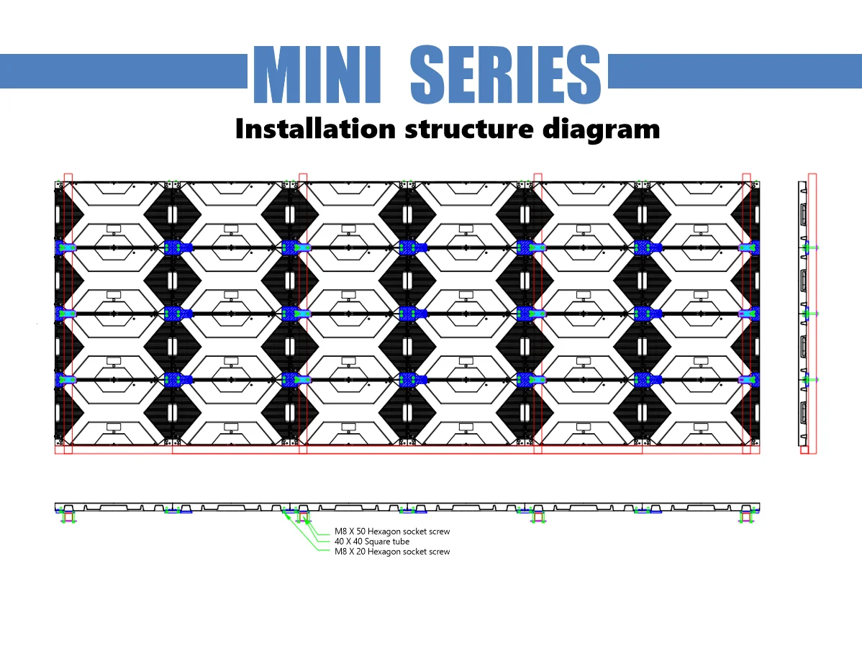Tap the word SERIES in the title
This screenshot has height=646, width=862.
pyautogui.click(x=506, y=74)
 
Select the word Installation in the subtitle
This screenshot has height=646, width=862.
pyautogui.click(x=315, y=129)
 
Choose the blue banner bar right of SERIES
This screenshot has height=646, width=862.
pyautogui.click(x=734, y=71)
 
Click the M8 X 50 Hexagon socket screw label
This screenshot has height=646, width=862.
pyautogui.click(x=392, y=532)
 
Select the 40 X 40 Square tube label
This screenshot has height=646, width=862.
pyautogui.click(x=372, y=542)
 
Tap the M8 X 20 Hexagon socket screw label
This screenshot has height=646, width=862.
pyautogui.click(x=392, y=552)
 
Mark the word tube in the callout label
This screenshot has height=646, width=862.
pyautogui.click(x=401, y=542)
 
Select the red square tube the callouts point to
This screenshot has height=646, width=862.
pyautogui.click(x=304, y=516)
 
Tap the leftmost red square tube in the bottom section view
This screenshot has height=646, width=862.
pyautogui.click(x=68, y=516)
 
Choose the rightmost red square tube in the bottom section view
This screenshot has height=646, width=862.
pyautogui.click(x=746, y=516)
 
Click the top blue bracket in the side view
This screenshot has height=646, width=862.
pyautogui.click(x=807, y=247)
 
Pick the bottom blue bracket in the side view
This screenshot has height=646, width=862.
pyautogui.click(x=807, y=380)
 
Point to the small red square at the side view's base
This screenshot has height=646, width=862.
pyautogui.click(x=804, y=450)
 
